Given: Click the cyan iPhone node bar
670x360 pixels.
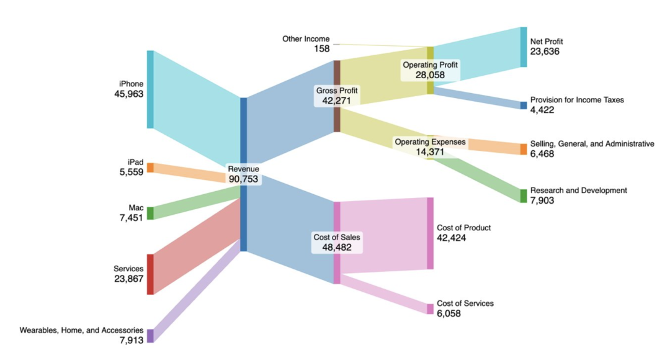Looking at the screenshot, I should (x=150, y=89).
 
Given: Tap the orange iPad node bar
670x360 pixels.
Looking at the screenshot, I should (x=150, y=168).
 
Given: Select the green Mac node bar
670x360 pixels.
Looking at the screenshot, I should (x=150, y=213).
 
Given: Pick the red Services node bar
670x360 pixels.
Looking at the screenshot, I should (x=150, y=274).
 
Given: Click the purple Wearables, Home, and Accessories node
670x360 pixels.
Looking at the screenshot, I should (x=150, y=336).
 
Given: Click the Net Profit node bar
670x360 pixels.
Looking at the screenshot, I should (x=523, y=47).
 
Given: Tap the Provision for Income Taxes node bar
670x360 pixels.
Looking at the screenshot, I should (x=523, y=105).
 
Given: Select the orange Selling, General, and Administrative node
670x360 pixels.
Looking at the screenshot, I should (x=523, y=149).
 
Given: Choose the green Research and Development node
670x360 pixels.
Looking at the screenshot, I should (x=523, y=196).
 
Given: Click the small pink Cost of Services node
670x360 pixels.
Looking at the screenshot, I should (x=430, y=308).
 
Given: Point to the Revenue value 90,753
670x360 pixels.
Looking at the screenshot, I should (x=243, y=179).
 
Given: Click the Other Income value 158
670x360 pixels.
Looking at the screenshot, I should (x=322, y=48).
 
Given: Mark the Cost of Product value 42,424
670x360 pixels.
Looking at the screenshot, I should (x=451, y=238).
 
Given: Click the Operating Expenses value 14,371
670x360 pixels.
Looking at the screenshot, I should (x=430, y=151).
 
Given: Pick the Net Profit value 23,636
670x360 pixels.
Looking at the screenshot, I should (x=545, y=52).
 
